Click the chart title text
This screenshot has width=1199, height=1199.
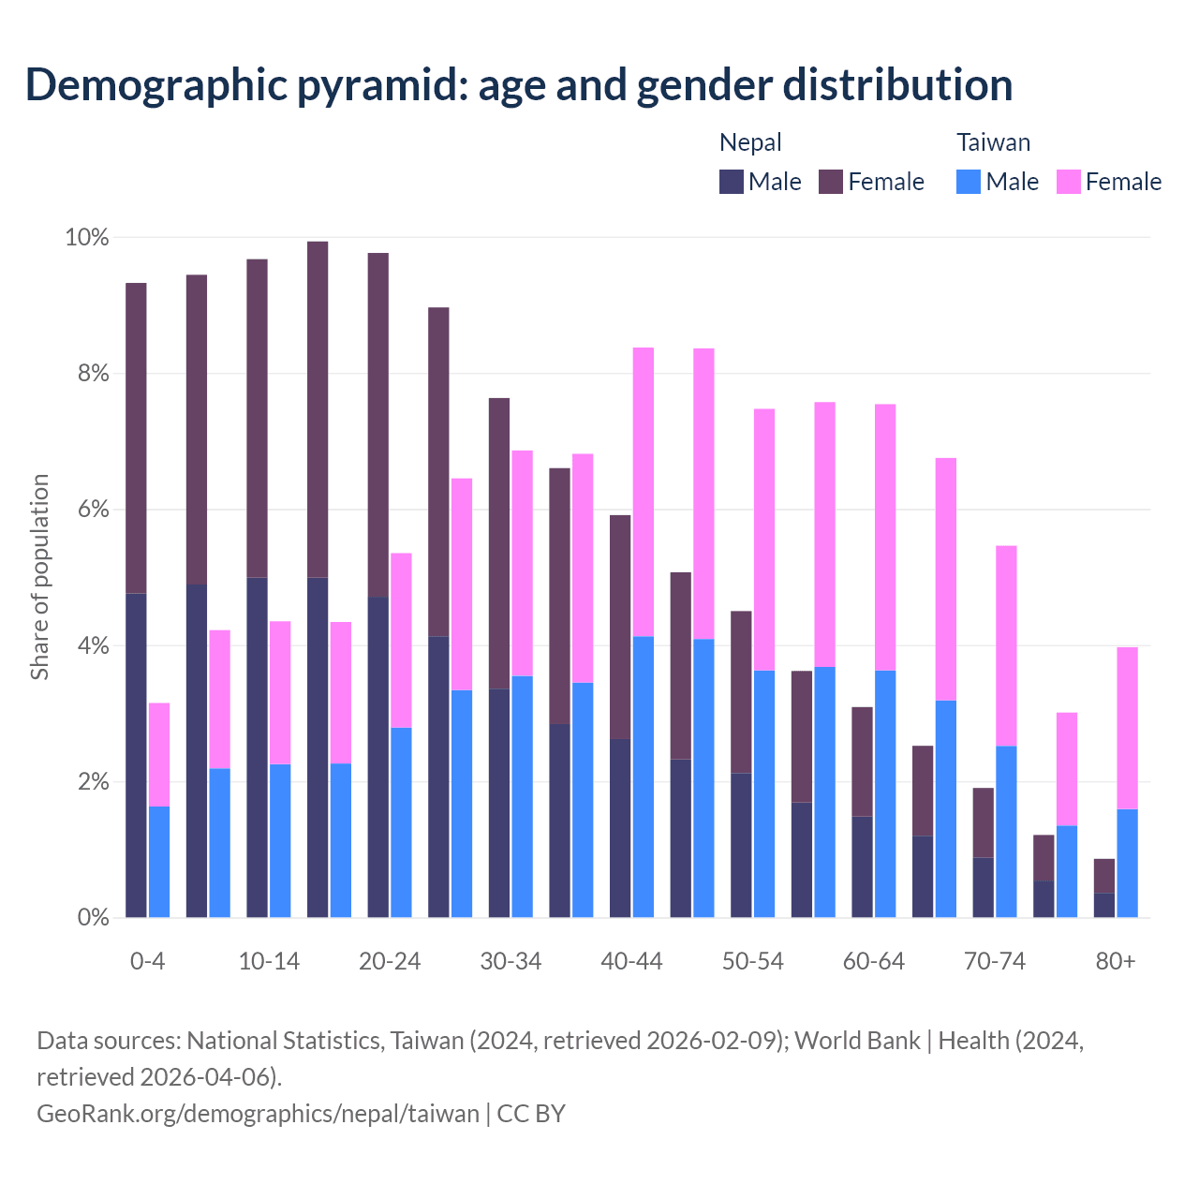518,84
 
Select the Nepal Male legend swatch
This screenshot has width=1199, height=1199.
732,182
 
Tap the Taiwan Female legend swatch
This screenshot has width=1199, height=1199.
1068,182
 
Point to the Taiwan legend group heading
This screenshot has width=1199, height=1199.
993,142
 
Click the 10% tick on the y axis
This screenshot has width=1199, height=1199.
86,238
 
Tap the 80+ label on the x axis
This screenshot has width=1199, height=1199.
1116,962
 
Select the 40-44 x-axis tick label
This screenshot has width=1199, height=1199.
631,962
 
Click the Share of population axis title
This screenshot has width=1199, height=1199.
39,577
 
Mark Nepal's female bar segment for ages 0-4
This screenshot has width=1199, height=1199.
136,437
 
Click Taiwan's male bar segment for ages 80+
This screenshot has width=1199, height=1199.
1128,863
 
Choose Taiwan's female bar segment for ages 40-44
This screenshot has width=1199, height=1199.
644,492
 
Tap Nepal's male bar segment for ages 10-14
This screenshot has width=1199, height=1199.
257,747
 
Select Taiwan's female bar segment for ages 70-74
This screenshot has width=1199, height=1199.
1006,645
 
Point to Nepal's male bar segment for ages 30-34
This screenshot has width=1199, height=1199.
499,803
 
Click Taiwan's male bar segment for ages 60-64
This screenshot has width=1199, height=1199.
885,793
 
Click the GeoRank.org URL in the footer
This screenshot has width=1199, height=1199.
258,1113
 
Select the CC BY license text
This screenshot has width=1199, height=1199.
531,1113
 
